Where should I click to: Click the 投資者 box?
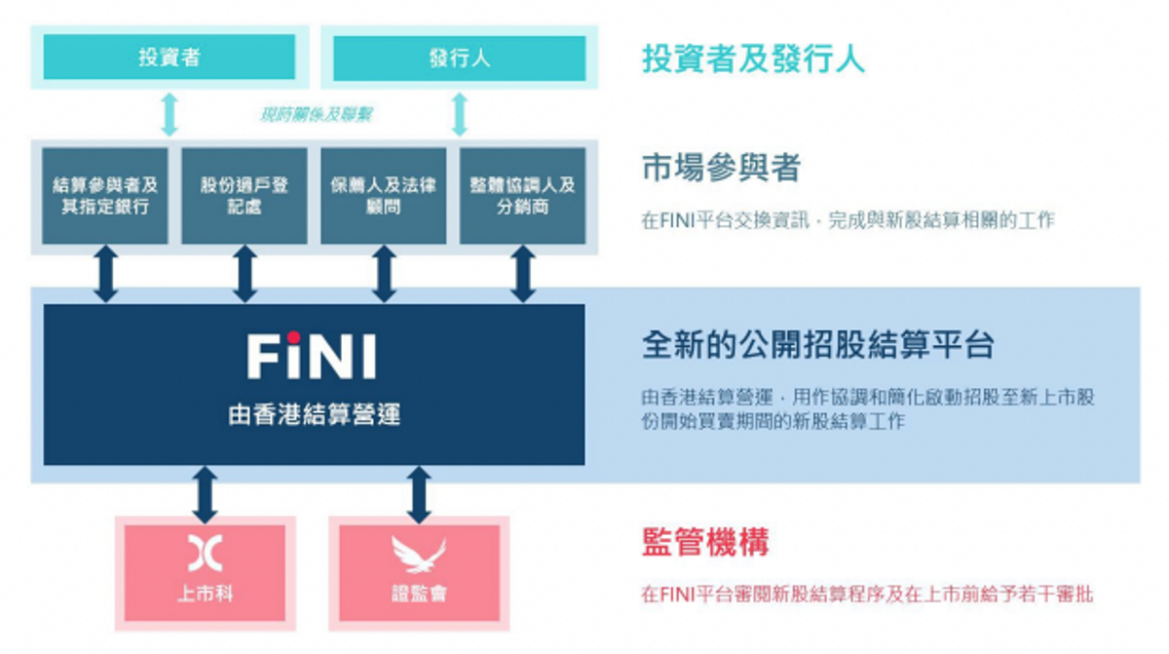[x=170, y=58]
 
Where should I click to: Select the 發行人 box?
[x=459, y=58]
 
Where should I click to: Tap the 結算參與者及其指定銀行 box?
[x=105, y=196]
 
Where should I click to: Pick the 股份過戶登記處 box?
[x=245, y=196]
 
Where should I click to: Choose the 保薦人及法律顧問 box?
[x=384, y=196]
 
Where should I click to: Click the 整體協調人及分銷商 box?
[x=523, y=196]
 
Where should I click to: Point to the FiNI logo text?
[x=313, y=356]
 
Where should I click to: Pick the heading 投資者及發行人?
[x=753, y=58]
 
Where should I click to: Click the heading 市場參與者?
[x=721, y=169]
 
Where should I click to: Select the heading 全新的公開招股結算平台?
[x=817, y=346]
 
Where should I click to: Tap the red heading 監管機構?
[x=705, y=541]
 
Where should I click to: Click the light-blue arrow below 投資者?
[x=170, y=114]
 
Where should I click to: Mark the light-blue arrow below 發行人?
[x=460, y=114]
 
